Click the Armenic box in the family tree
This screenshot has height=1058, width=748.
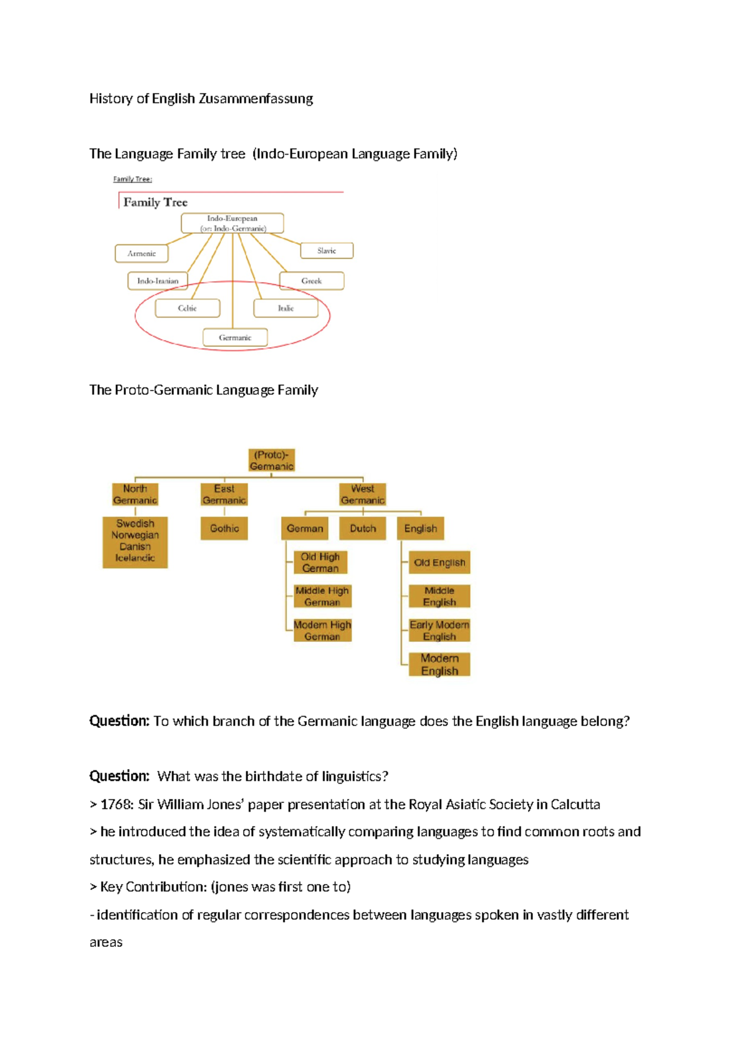(141, 253)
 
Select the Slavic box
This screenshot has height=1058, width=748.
(327, 251)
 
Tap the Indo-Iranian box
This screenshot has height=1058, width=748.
(158, 281)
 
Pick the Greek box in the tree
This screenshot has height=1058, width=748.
(312, 281)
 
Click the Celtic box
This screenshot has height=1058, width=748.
(187, 308)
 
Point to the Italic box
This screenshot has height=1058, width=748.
(285, 308)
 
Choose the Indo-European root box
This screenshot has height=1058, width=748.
(233, 223)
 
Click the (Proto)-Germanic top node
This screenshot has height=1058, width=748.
(271, 460)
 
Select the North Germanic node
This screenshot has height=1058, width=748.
(135, 494)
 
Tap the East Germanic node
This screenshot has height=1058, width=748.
(224, 494)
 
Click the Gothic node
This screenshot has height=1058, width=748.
(224, 528)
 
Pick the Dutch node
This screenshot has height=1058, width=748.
(363, 528)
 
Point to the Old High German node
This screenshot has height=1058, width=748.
(320, 562)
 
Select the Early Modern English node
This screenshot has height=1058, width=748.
(439, 630)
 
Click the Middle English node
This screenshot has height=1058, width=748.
(439, 596)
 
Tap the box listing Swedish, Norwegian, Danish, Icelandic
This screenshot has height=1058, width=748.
(135, 541)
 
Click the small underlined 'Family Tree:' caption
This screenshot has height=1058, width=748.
(133, 179)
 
